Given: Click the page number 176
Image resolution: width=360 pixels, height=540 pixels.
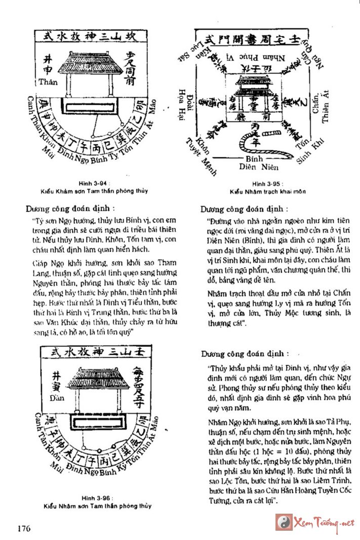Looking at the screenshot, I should pos(23,529).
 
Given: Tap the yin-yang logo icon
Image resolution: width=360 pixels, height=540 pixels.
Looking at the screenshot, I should pos(283,522).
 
